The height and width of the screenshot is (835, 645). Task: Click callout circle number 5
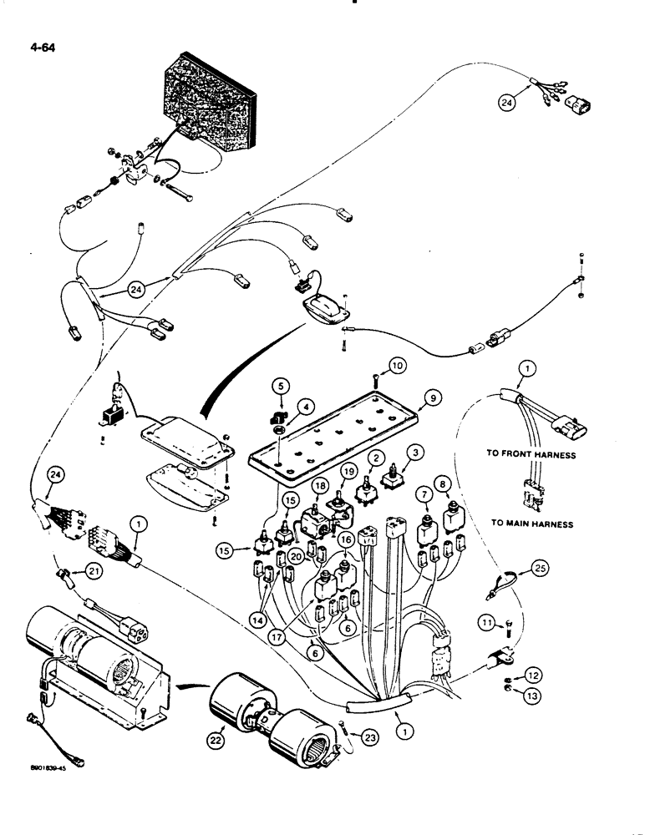pyautogui.click(x=282, y=387)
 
